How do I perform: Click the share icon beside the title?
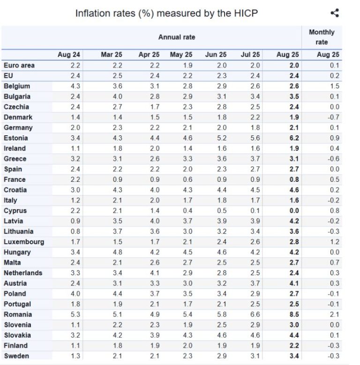coord(335,13)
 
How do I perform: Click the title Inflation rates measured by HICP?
coord(166,14)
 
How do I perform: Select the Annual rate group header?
coord(176,37)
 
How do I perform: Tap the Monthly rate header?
coord(322,37)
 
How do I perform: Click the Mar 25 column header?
coord(112,55)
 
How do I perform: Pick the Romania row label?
coord(18,314)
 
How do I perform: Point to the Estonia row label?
coord(16,138)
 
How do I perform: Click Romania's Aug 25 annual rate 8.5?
coord(294,314)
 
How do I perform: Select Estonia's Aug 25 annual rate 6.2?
coord(294,138)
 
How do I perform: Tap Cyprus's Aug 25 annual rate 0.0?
coord(294,210)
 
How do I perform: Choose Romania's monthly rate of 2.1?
coord(334,314)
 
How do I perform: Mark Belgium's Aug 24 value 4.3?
coord(75,86)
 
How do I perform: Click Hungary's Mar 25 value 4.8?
coord(118,252)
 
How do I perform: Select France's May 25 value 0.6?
coord(187,179)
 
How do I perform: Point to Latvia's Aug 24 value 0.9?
coord(75,221)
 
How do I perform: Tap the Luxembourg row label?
coord(24,242)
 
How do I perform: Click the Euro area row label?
coord(19,65)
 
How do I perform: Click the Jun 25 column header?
coord(216,55)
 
